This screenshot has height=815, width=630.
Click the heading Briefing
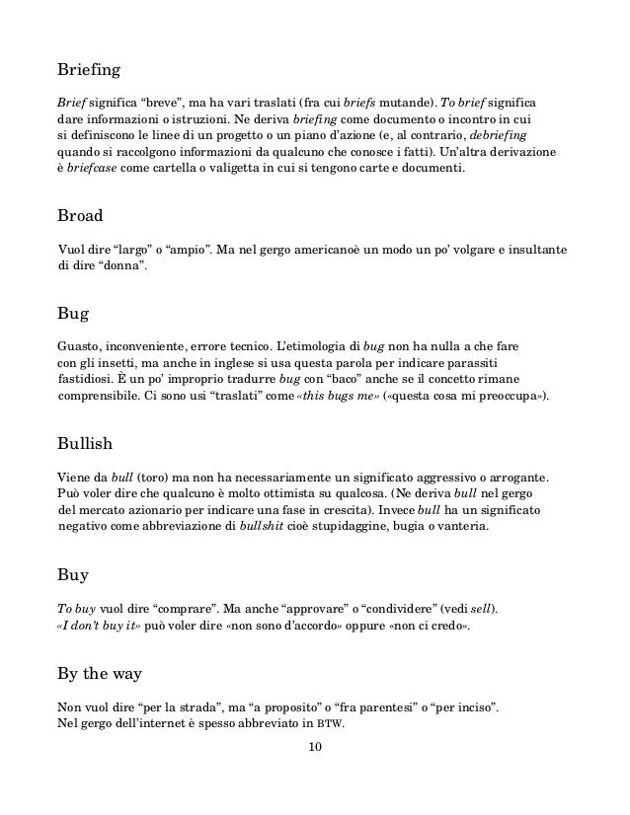(92, 71)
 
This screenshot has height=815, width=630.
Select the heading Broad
(82, 214)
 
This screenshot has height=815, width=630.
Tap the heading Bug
(73, 315)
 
